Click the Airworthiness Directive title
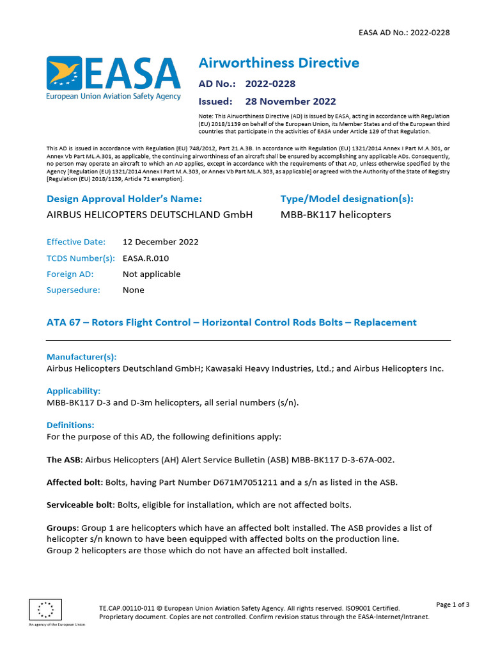click(279, 63)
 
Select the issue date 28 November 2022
click(290, 101)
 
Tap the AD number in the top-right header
click(402, 33)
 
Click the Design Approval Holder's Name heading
click(124, 199)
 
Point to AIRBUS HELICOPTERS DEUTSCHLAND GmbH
click(150, 214)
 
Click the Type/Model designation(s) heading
click(347, 199)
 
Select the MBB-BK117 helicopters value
click(335, 214)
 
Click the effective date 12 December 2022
click(160, 242)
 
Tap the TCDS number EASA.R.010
click(146, 258)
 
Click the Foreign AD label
click(70, 274)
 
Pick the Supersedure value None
click(133, 290)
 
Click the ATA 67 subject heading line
click(231, 322)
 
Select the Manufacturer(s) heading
click(81, 357)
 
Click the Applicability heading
click(74, 390)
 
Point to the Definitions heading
click(70, 425)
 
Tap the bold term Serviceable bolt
click(80, 505)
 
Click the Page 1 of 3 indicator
click(453, 604)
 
